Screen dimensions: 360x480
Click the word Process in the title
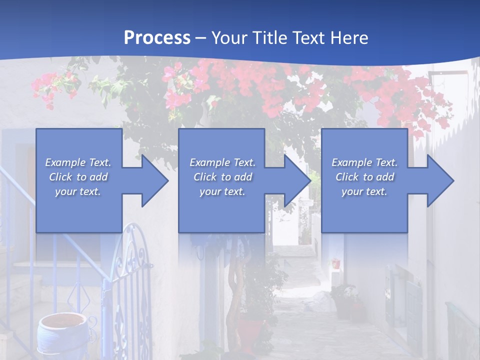pyautogui.click(x=157, y=38)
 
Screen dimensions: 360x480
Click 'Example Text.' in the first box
pyautogui.click(x=78, y=162)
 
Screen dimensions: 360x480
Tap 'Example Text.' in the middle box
pyautogui.click(x=222, y=162)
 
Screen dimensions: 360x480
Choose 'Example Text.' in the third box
pyautogui.click(x=364, y=162)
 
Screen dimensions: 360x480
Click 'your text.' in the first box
pyautogui.click(x=78, y=191)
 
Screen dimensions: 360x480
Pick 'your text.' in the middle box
pyautogui.click(x=222, y=191)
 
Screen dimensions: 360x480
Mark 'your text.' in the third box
pyautogui.click(x=364, y=191)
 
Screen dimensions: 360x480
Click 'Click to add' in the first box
pyautogui.click(x=78, y=177)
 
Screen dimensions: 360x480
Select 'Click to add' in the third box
pyautogui.click(x=364, y=177)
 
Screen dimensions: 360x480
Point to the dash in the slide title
pyautogui.click(x=201, y=38)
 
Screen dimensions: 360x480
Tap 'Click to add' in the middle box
pyautogui.click(x=222, y=177)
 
